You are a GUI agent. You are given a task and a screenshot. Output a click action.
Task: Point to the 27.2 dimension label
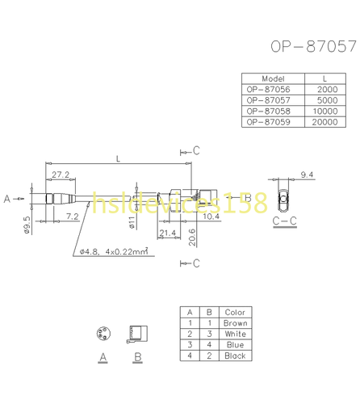click(x=60, y=175)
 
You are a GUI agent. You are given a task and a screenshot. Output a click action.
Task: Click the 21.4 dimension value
click(x=168, y=234)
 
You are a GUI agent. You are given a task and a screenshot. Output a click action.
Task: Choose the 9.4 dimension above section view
click(x=306, y=175)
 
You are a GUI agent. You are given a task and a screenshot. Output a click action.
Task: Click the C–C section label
click(x=283, y=220)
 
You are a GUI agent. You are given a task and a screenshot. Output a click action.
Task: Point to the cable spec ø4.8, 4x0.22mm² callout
click(x=112, y=251)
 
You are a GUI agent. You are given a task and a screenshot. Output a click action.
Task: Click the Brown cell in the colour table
click(x=235, y=323)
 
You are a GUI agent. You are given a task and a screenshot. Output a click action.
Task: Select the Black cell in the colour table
click(x=235, y=355)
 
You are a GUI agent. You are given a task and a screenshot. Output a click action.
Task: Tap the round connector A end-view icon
click(x=103, y=334)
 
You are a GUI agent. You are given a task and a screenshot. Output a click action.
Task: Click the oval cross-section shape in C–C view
click(x=283, y=198)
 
